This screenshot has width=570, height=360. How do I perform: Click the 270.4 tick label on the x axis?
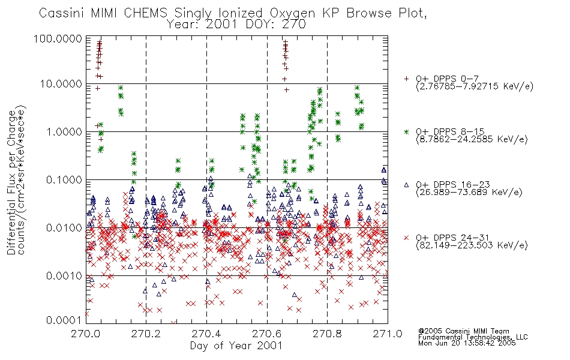[x=206, y=334]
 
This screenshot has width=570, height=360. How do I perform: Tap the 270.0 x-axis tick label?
[x=86, y=334]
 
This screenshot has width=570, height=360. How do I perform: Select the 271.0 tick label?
[x=388, y=334]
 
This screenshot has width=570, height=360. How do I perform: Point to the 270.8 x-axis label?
[x=327, y=334]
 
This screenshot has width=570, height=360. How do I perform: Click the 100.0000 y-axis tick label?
[x=58, y=38]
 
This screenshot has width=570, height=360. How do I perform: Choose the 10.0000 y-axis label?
[x=61, y=84]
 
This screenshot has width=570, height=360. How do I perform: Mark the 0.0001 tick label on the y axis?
[x=64, y=320]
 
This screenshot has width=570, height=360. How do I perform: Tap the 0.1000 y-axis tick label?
[x=64, y=180]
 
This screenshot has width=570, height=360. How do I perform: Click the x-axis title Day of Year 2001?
[x=236, y=346]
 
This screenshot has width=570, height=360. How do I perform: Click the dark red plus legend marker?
[x=406, y=79]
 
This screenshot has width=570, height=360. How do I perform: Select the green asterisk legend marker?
[x=406, y=131]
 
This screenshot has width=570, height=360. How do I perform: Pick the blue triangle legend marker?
[x=406, y=185]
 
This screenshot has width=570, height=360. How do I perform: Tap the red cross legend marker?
[x=406, y=238]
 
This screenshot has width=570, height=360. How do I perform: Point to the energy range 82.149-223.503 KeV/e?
[x=472, y=245]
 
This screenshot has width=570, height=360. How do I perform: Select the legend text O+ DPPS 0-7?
[x=447, y=78]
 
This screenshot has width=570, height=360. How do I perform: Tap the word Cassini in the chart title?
[x=62, y=13]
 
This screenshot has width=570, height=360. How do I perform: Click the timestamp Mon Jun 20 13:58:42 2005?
[x=467, y=343]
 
